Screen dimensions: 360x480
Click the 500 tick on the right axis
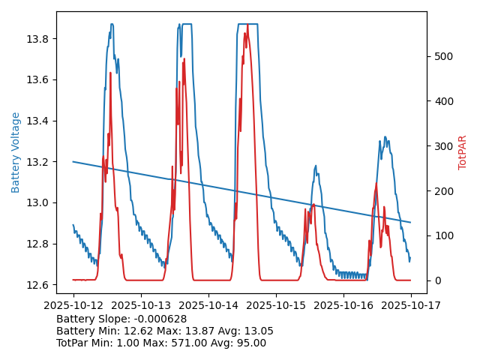click(442, 56)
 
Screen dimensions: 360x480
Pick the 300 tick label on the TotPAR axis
click(442, 146)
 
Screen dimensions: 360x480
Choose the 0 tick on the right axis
click(436, 280)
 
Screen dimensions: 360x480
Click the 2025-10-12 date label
click(73, 305)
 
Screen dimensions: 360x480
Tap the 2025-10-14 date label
click(208, 305)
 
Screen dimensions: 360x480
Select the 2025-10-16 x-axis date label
click(343, 305)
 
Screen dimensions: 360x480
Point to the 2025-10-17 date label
click(411, 305)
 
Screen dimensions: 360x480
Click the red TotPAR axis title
click(463, 152)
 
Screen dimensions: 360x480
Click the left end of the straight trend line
click(73, 161)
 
